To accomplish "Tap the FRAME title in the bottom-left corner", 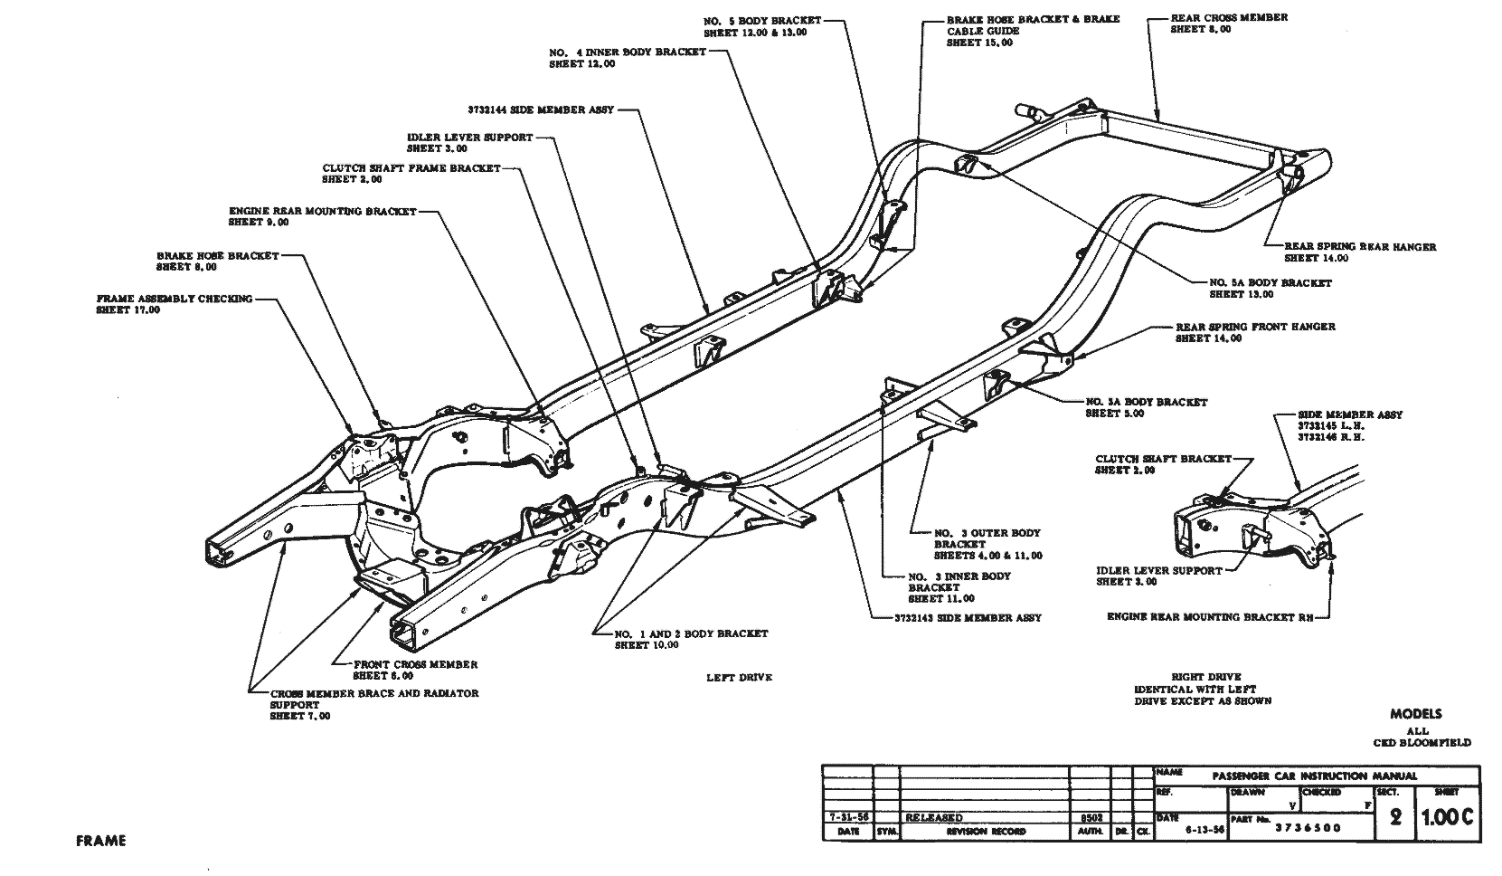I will (100, 841).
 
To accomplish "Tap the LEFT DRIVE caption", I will (739, 678).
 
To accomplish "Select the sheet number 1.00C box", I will (1448, 817).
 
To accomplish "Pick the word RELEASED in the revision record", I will (933, 817).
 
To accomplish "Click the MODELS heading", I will (1416, 714).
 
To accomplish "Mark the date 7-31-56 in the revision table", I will (848, 817).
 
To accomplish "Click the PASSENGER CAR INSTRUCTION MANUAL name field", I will (1314, 776).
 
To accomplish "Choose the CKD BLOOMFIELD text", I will (1421, 743).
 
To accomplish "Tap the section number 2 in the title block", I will (1394, 817).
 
